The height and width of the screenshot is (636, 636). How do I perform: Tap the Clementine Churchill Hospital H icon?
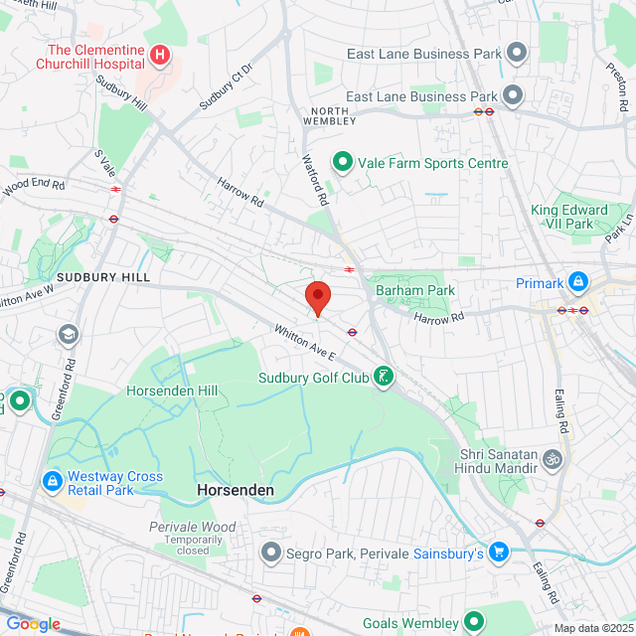pos(160,53)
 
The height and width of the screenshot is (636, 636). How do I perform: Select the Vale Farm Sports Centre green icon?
pos(343,161)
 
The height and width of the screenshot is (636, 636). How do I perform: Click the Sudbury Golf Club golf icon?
pos(383,377)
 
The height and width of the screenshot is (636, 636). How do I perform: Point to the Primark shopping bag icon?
pos(576,283)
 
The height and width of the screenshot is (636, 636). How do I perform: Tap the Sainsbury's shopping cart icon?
pos(500,552)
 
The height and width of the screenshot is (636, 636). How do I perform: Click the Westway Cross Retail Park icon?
pos(51,482)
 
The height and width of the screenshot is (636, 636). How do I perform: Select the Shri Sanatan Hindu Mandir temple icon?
pos(554,460)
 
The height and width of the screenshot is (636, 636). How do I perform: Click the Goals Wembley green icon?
pos(477,623)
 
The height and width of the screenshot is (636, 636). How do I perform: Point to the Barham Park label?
pos(414,290)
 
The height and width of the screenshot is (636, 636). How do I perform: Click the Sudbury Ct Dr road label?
pos(227,86)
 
